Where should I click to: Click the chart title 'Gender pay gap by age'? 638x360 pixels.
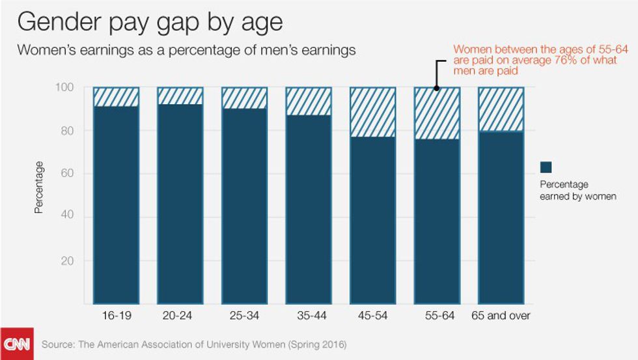click(150, 23)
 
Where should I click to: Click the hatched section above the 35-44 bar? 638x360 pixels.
click(309, 102)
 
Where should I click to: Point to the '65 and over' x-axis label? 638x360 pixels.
click(501, 316)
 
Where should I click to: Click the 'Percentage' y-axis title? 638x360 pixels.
click(39, 187)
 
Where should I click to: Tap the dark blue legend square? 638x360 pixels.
click(546, 167)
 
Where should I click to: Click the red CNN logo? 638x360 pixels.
click(16, 344)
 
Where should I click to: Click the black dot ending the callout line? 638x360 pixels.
click(437, 87)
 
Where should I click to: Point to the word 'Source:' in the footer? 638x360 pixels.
click(58, 344)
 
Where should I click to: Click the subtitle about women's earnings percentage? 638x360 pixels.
click(186, 50)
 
